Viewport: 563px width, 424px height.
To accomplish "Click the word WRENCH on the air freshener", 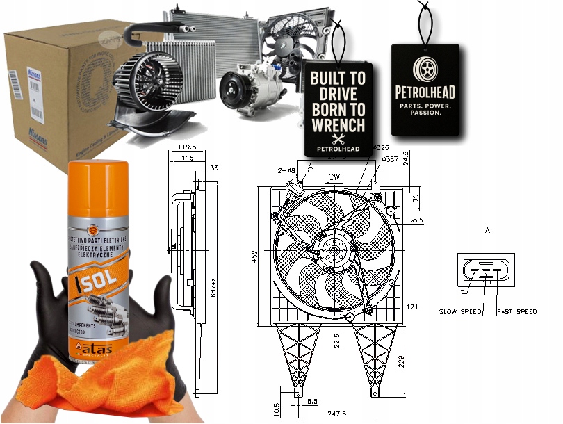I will [338, 125].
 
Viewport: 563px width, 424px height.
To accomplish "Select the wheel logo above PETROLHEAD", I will [425, 68].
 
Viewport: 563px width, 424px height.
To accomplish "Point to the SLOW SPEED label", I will [460, 312].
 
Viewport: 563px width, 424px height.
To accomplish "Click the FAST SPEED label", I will [516, 312].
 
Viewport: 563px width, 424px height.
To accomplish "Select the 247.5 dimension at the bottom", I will [337, 414].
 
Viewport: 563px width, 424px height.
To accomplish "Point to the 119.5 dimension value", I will [185, 147].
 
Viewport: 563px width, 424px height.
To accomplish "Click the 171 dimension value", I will [412, 307].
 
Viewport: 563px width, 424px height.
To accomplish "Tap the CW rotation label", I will [334, 177].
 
